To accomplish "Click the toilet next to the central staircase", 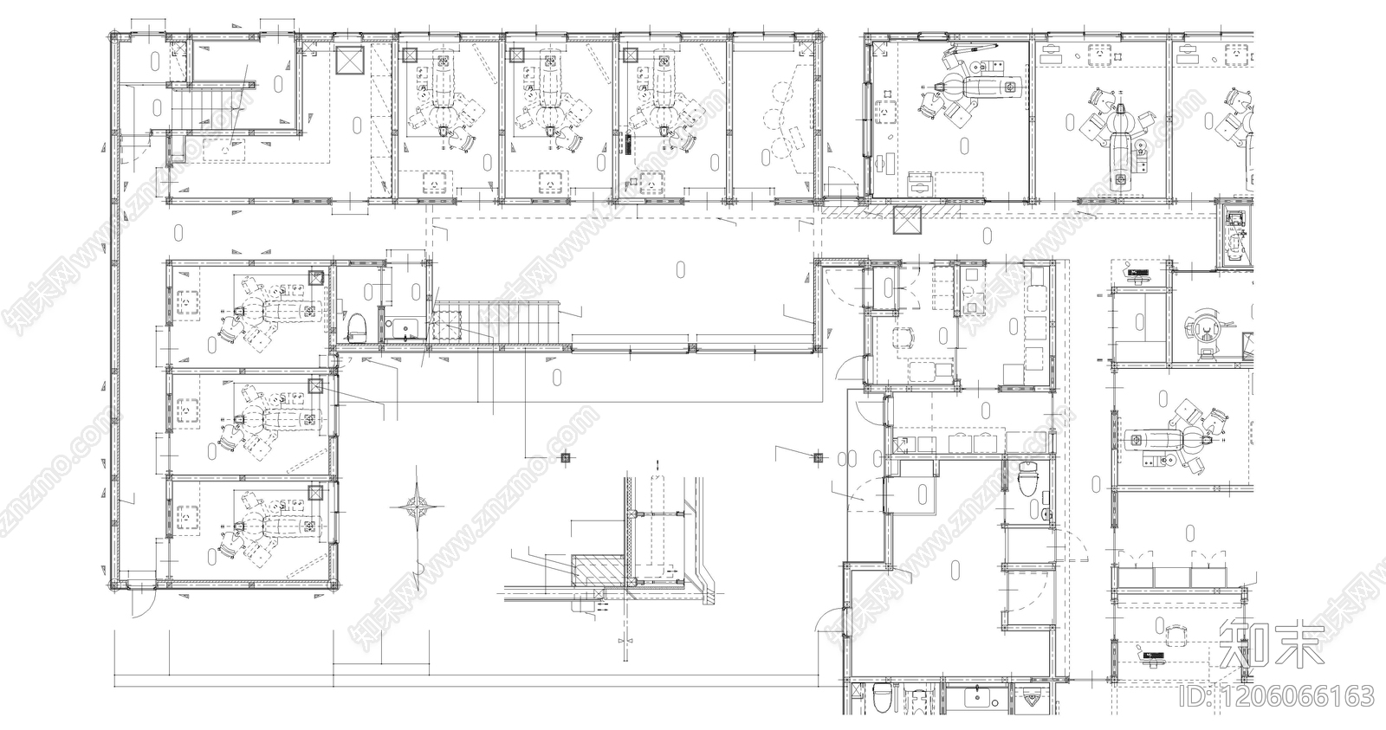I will click(355, 327).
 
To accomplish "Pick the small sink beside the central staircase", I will click(404, 328).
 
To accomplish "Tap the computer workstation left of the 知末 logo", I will click(1154, 657).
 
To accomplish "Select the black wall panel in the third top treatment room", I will click(627, 143).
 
